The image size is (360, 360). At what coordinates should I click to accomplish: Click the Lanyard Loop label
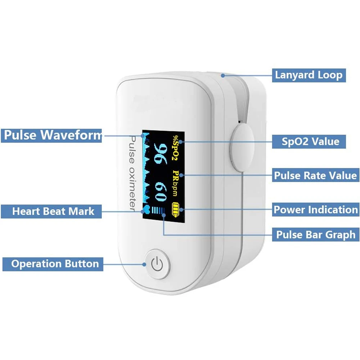coord(309,75)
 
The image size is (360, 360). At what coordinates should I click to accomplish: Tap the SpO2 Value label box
coord(310,141)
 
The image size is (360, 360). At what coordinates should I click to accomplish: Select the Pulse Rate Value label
coord(315,176)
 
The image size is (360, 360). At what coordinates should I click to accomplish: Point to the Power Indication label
coord(316,210)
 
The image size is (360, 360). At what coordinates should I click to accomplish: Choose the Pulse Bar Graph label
coord(316,235)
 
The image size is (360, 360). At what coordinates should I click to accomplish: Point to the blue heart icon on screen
coord(146,210)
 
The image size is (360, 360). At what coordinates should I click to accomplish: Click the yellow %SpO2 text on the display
coord(176,148)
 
